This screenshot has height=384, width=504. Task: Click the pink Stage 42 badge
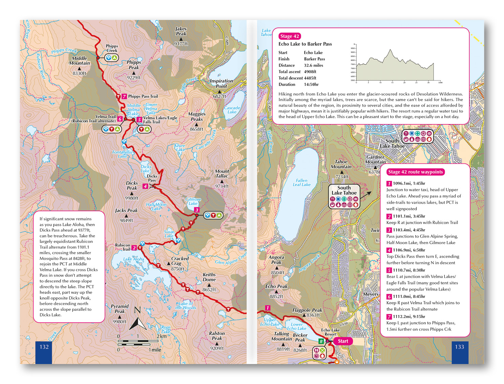[x=289, y=36]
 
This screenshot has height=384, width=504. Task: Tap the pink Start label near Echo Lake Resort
[x=342, y=341]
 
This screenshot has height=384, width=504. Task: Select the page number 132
[x=44, y=347]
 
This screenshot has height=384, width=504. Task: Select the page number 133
[x=459, y=347]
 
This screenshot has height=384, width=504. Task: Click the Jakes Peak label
[x=181, y=31]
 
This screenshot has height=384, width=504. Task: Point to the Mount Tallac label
[x=222, y=174]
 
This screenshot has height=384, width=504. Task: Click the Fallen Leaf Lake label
[x=301, y=183]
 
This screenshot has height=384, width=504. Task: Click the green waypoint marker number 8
[x=321, y=341]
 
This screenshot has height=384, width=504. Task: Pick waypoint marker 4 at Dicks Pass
[x=145, y=186]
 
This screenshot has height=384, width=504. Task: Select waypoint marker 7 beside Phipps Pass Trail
[x=124, y=97]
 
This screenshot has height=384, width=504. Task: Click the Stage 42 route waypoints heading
[x=415, y=172]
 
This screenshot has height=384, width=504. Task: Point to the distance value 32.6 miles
[x=313, y=65]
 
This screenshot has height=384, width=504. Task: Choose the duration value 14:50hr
[x=311, y=84]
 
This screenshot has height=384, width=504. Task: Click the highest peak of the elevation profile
[x=390, y=50]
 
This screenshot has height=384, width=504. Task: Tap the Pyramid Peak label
[x=120, y=308]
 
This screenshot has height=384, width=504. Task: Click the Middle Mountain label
[x=80, y=61]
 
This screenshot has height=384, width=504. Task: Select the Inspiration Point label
[x=221, y=83]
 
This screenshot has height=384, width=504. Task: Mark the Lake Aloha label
[x=133, y=259]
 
